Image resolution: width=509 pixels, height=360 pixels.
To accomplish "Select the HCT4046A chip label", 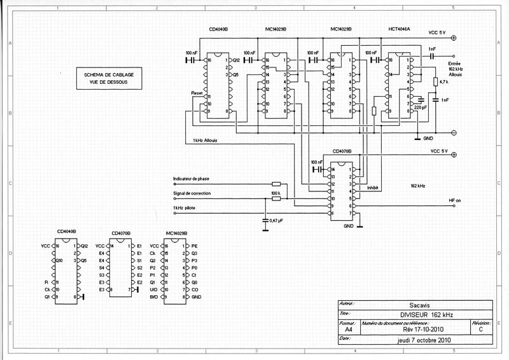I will click(398, 30).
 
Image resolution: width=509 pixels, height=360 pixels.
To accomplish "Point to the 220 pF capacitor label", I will click(421, 108).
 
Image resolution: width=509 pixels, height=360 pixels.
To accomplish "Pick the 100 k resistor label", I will click(275, 192).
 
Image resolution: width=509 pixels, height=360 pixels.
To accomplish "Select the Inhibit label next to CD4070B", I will click(373, 188).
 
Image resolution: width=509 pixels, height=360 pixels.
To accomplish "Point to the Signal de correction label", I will click(195, 193).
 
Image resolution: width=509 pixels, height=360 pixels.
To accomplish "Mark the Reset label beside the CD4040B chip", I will click(197, 93).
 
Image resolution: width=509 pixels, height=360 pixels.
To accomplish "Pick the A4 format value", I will click(347, 330).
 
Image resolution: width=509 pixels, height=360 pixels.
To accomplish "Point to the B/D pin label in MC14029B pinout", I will click(153, 297).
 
